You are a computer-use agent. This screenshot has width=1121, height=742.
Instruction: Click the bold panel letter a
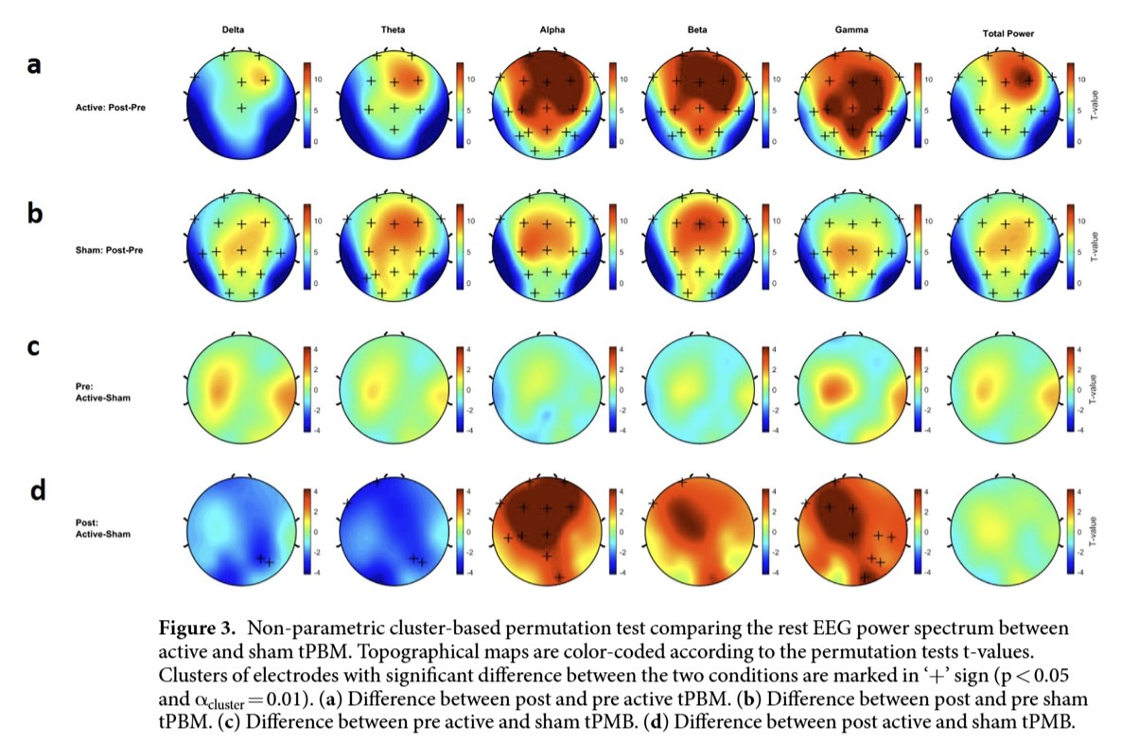pyautogui.click(x=34, y=65)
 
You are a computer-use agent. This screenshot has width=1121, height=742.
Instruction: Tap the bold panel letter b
pyautogui.click(x=35, y=213)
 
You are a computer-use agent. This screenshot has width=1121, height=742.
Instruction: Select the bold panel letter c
pyautogui.click(x=34, y=347)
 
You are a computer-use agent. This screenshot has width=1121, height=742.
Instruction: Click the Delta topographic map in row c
pyautogui.click(x=242, y=390)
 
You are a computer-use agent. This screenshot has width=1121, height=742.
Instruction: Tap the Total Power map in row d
pyautogui.click(x=1006, y=532)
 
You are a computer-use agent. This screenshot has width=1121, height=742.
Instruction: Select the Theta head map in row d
pyautogui.click(x=394, y=532)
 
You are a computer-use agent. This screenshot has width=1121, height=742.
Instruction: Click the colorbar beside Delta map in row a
pyautogui.click(x=307, y=105)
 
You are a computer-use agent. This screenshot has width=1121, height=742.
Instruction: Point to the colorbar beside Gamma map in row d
pyautogui.click(x=915, y=532)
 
